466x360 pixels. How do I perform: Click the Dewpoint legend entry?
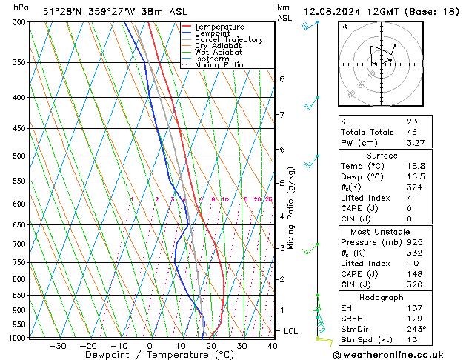pos(213,33)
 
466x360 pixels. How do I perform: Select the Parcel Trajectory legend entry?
pos(228,40)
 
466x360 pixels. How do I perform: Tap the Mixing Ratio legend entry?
pos(219,65)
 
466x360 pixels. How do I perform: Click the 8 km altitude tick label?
pos(282,79)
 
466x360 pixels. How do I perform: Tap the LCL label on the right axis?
pos(291,331)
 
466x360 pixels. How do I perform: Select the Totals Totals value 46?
pos(412,132)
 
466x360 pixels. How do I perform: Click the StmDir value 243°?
pos(416,329)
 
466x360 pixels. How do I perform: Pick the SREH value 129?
pos(413,318)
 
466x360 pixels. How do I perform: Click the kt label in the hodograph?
pos(344,26)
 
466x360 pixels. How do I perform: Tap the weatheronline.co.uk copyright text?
pos(396,354)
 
